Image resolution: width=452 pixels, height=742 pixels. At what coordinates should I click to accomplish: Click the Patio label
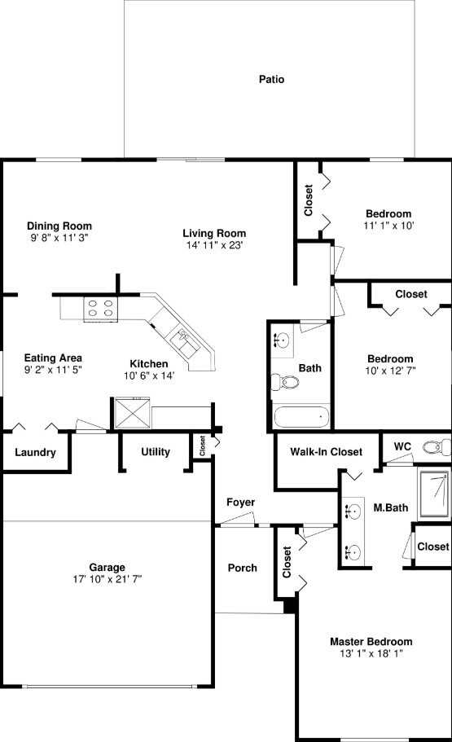tap(271, 80)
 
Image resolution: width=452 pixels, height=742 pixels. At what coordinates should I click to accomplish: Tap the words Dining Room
tap(59, 226)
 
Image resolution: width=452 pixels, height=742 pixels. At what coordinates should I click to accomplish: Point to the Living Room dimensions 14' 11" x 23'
tap(214, 244)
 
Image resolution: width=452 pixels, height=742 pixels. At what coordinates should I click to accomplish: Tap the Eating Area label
tap(53, 358)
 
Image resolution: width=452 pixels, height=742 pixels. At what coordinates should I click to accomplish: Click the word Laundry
tap(35, 453)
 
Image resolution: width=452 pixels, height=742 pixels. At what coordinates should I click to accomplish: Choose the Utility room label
tap(156, 452)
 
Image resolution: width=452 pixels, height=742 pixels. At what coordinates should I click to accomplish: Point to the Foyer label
tap(240, 503)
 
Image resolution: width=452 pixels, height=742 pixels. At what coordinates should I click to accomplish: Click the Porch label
tap(242, 568)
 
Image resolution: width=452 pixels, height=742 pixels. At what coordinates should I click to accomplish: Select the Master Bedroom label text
tap(371, 642)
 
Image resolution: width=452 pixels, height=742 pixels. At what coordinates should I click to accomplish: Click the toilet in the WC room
tap(441, 446)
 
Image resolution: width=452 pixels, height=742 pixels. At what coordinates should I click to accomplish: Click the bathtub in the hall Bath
tap(300, 419)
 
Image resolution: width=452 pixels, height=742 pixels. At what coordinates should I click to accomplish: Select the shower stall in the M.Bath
tap(433, 494)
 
